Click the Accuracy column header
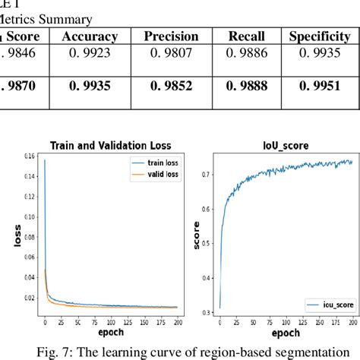pos(90,36)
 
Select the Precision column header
pos(172,36)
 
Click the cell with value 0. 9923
pos(90,54)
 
